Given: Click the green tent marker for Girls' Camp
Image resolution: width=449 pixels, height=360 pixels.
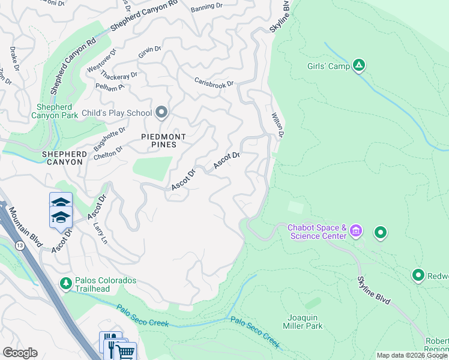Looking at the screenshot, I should coord(359,65).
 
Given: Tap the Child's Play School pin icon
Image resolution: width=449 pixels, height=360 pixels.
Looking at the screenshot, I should coord(161,112).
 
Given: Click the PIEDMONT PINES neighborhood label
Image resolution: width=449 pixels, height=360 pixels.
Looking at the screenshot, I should coord(159,140).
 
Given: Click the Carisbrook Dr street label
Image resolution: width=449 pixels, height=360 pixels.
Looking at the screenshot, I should coord(213,83).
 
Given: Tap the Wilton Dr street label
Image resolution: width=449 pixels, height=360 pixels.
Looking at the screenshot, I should coord(277,124).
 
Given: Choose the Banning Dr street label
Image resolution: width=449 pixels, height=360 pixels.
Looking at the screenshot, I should coord(206,8).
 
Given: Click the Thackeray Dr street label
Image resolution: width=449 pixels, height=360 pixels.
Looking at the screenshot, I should coord(119,76).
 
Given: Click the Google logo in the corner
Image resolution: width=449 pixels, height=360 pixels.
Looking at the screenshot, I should coord(19,353).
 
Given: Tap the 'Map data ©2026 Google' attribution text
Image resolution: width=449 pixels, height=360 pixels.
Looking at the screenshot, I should coord(412,355).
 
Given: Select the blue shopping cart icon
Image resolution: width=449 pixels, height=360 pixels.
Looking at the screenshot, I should coord(125,352).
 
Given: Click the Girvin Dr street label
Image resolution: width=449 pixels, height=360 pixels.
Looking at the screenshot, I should coord(150,52).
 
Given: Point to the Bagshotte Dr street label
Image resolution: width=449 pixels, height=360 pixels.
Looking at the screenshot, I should coord(110,139).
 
